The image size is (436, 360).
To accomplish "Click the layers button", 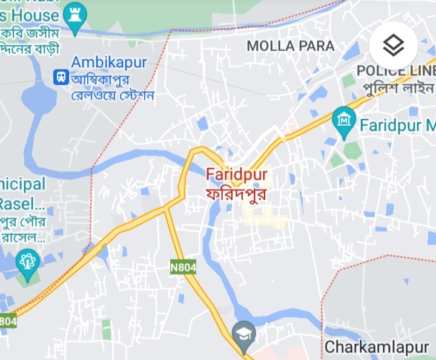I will point(394,45).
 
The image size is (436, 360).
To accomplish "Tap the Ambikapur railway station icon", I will point(60,76).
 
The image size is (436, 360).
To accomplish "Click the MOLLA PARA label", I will point(290,46).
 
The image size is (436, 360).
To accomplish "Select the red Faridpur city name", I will point(237,174).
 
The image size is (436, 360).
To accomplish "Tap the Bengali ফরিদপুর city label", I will point(237,195).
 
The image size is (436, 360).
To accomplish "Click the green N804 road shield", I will point(183,267).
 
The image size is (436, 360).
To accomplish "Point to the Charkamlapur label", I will point(377,347).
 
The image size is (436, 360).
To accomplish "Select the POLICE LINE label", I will point(396,71).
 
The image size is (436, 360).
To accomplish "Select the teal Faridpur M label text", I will point(397,126).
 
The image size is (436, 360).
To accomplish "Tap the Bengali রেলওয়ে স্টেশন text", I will point(113,96).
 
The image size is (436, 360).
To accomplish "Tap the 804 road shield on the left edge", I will point(7,321).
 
